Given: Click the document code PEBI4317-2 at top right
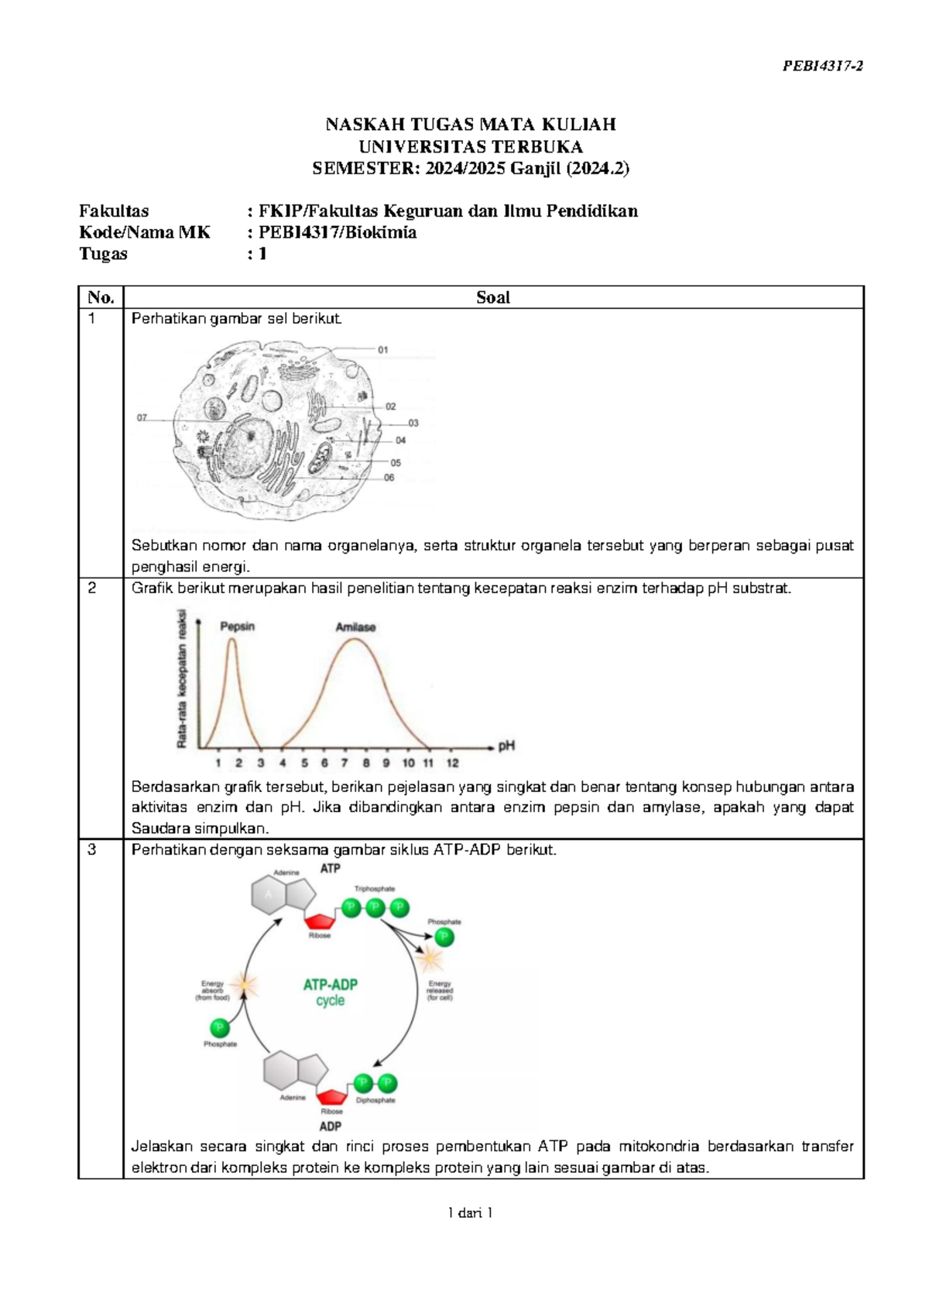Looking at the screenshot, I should (x=822, y=66).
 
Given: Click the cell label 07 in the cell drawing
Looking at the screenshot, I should (x=142, y=418).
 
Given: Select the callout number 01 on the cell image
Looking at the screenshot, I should (x=383, y=350).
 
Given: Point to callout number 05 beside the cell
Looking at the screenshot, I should (x=396, y=463).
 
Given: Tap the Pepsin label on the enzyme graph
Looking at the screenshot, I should (x=237, y=626).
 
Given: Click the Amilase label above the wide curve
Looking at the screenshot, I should (x=355, y=627).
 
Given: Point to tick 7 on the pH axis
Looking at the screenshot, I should (x=345, y=763).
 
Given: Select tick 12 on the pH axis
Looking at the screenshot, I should (x=452, y=763).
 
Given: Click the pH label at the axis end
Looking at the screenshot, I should (x=506, y=746).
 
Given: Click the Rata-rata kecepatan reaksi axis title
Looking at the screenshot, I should (x=183, y=679).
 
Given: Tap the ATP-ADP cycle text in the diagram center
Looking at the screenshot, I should (x=331, y=992).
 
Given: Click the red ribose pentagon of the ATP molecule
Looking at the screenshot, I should (x=319, y=921).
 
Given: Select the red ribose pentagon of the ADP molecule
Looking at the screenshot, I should (x=332, y=1096).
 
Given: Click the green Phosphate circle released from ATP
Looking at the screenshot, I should (x=444, y=938).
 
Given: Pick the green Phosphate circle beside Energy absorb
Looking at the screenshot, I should (x=220, y=1028).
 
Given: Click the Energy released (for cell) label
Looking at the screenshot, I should (x=440, y=991).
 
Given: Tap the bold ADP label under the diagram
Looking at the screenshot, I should (x=331, y=1126).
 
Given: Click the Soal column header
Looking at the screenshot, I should (x=492, y=297).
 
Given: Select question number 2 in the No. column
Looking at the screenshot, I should (x=92, y=588).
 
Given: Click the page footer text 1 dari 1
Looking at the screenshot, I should (x=470, y=1212).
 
